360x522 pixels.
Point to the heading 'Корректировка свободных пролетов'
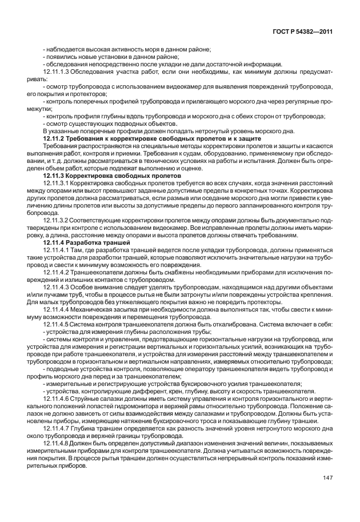tap(113, 176)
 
